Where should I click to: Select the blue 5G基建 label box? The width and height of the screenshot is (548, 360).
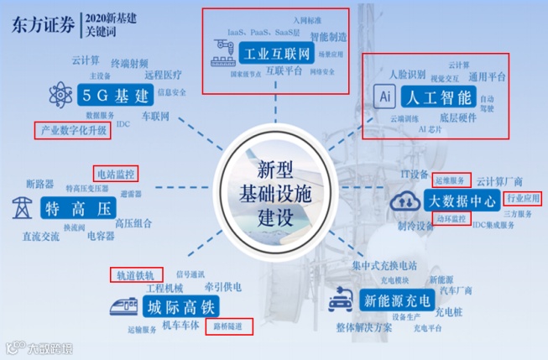(117, 94)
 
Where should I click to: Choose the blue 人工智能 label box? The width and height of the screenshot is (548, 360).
(441, 96)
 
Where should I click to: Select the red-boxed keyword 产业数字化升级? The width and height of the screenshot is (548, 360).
(70, 131)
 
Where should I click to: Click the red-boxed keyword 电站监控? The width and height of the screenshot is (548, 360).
(115, 174)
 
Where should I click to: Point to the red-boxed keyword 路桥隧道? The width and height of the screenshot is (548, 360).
(229, 326)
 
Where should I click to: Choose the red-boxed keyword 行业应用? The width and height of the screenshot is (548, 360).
(523, 199)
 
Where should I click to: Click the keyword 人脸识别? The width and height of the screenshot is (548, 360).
(408, 74)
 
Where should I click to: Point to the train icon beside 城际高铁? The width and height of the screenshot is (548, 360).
(121, 306)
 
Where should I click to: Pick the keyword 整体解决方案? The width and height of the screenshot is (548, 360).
(363, 327)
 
